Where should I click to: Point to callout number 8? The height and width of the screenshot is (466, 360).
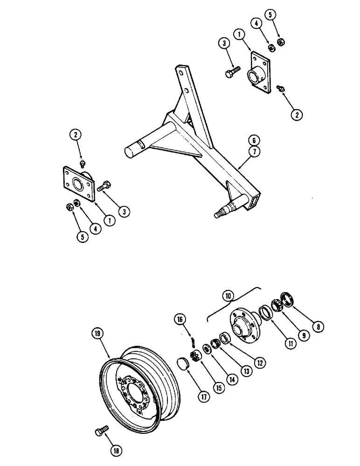coord(318,327)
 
